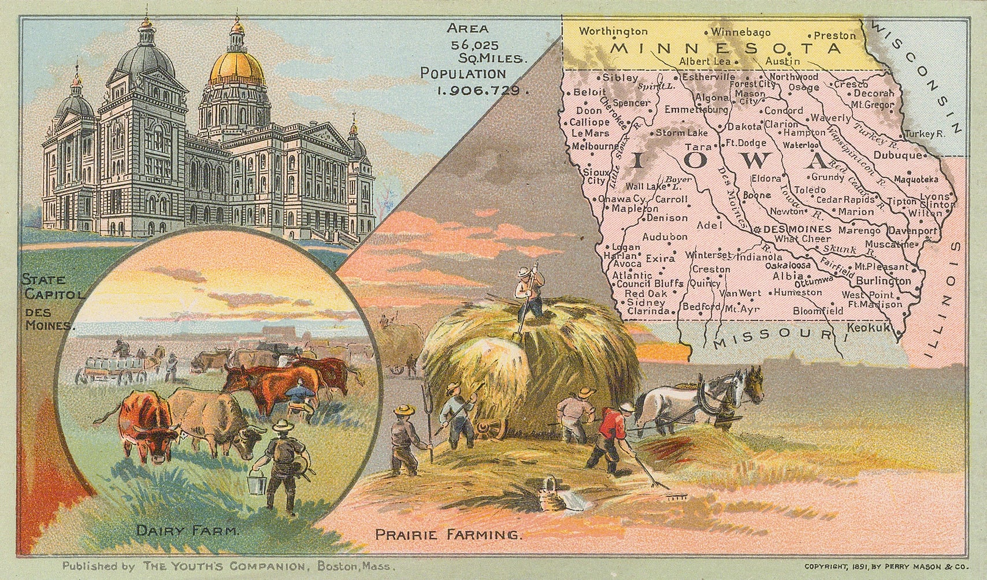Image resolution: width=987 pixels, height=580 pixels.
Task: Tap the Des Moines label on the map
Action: [797, 229]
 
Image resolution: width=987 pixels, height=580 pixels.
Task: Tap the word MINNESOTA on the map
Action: [726, 49]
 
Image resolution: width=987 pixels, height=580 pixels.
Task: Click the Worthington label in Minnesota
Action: [613, 31]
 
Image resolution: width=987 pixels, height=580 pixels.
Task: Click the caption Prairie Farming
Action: [448, 534]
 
